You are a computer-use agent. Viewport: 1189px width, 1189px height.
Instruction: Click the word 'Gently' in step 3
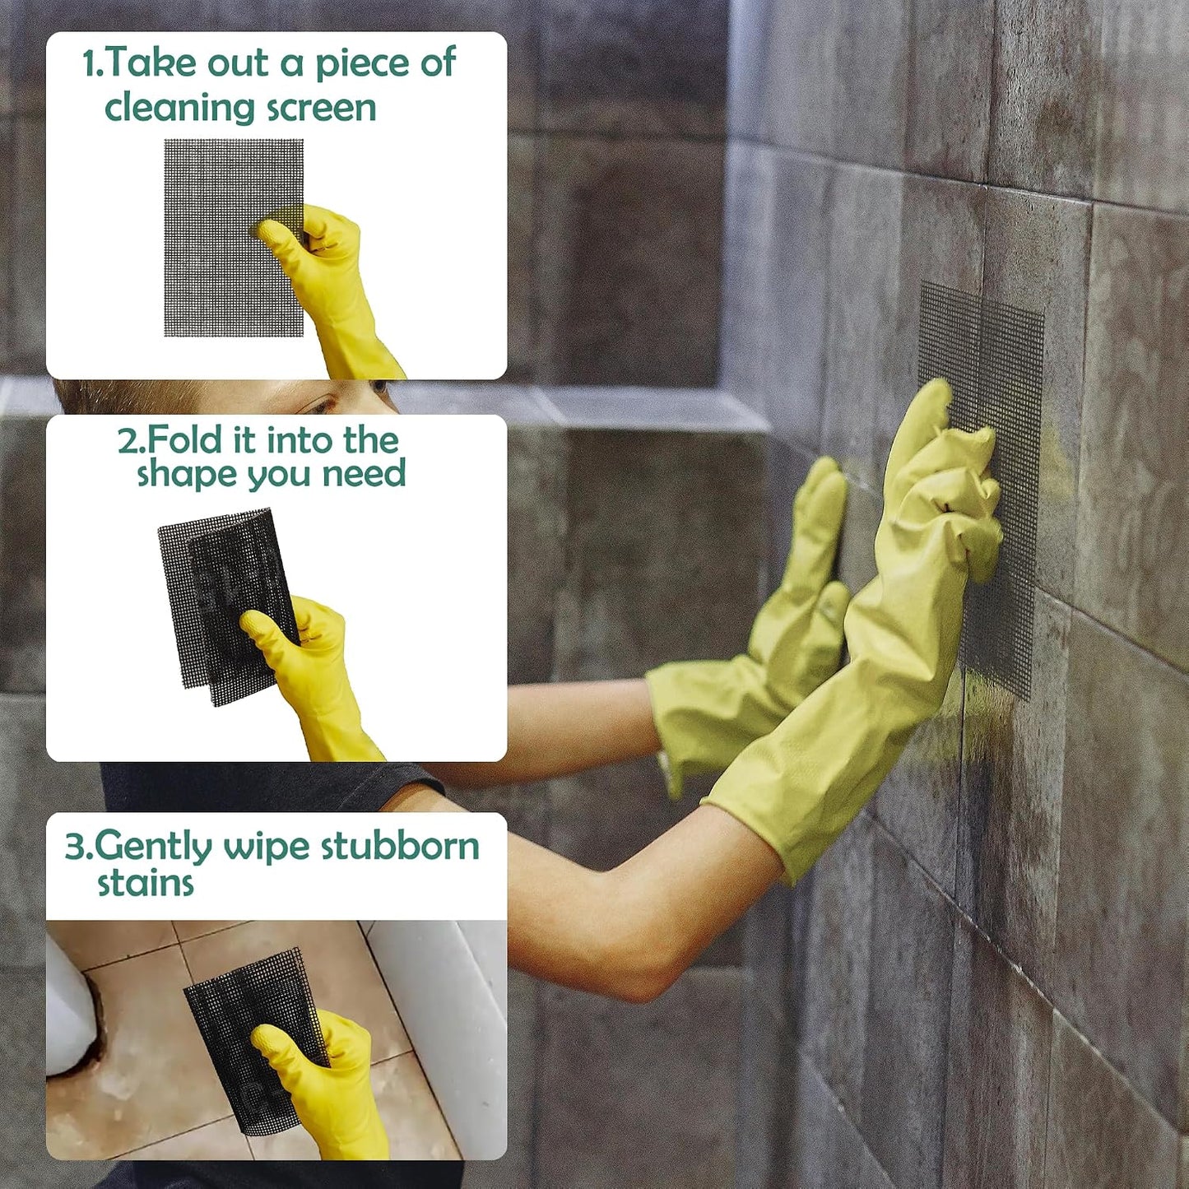pos(152,848)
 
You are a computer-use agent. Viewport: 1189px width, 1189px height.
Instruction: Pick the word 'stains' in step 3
pos(146,884)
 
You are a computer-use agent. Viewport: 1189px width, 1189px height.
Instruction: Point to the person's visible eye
pos(318,406)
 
